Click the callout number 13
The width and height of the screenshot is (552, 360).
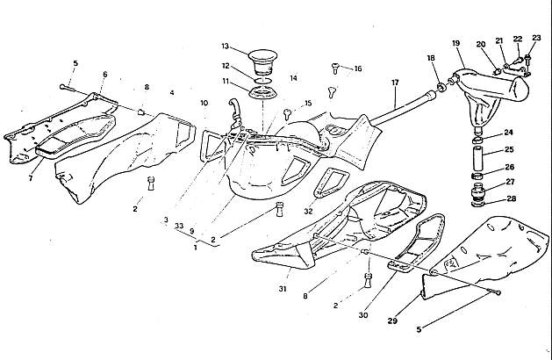coord(225,46)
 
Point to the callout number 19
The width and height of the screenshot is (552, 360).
coord(456,43)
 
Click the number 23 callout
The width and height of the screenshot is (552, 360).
coord(537,38)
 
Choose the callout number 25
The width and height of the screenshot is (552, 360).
coord(510,150)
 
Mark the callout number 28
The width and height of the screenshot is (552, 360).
coord(510,199)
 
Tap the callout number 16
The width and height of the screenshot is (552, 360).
coord(357,68)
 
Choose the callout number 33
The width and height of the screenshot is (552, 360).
coord(179,226)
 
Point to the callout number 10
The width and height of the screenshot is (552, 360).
coord(204,104)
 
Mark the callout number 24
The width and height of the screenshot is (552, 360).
coord(510,133)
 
